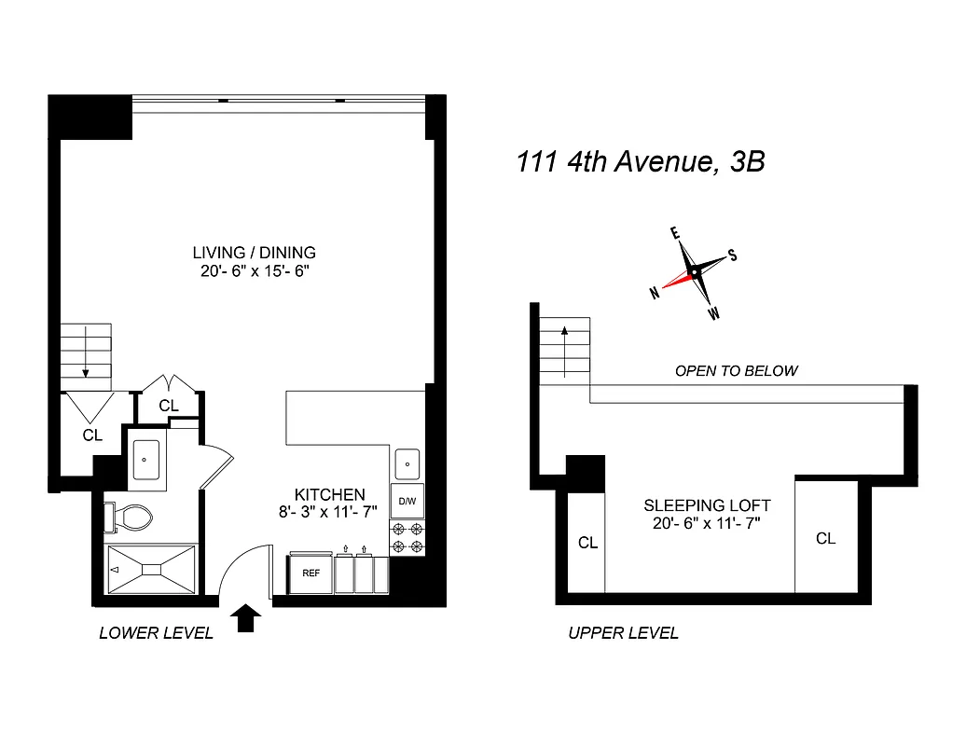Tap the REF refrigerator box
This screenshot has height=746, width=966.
pyautogui.click(x=310, y=574)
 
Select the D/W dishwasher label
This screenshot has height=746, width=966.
pyautogui.click(x=407, y=501)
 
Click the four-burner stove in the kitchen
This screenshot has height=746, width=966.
pyautogui.click(x=407, y=538)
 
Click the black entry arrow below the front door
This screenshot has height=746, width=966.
pyautogui.click(x=246, y=618)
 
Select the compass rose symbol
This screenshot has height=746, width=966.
pyautogui.click(x=693, y=272)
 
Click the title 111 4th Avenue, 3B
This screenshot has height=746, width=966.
pyautogui.click(x=641, y=162)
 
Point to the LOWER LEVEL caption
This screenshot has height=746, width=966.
pyautogui.click(x=156, y=634)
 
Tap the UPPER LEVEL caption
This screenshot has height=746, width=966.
pyautogui.click(x=624, y=634)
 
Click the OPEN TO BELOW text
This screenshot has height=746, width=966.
pyautogui.click(x=736, y=371)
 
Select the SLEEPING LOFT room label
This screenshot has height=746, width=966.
pyautogui.click(x=707, y=506)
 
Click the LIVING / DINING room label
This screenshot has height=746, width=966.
pyautogui.click(x=254, y=253)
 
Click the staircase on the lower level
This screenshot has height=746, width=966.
pyautogui.click(x=86, y=357)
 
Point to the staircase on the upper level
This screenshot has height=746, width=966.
pyautogui.click(x=565, y=347)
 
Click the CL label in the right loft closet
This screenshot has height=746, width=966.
pyautogui.click(x=825, y=538)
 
